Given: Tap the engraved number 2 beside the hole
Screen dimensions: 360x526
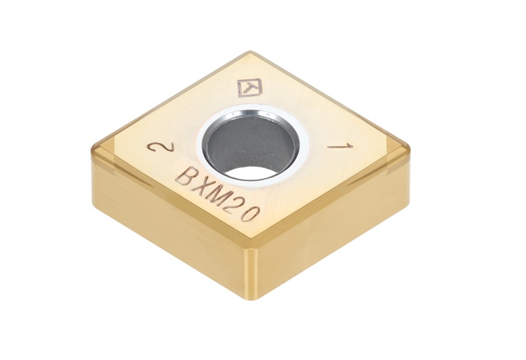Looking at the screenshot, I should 155,148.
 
